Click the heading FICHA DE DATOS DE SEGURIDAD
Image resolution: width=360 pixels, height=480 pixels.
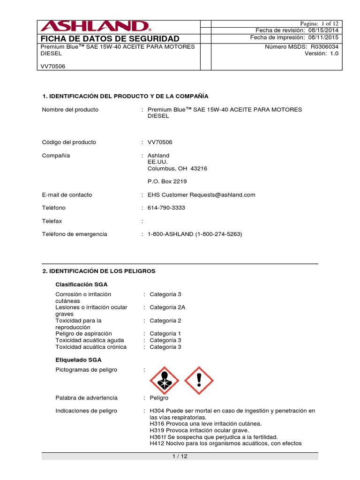110,38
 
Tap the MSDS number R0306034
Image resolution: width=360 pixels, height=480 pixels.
324,46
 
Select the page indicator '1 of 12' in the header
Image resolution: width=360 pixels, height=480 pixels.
329,23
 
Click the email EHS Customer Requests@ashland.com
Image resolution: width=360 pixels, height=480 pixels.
202,195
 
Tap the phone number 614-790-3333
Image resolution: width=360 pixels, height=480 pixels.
166,208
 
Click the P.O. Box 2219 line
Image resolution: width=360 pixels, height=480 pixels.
164,181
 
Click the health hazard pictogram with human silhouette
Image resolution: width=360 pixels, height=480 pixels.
164,381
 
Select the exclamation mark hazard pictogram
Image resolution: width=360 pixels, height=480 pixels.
199,381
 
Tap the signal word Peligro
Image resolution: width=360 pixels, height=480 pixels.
159,397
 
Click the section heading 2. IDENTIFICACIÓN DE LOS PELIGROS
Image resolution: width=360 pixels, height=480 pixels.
99,271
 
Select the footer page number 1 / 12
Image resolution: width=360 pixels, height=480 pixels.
180,457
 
